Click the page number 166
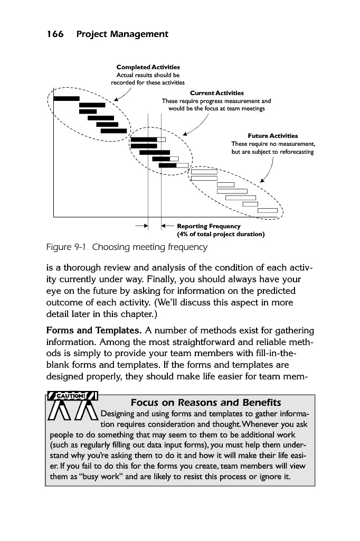[x=55, y=34]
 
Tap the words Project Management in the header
[x=122, y=34]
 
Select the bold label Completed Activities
[x=148, y=67]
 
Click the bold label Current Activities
[x=217, y=94]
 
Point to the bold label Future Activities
[x=272, y=136]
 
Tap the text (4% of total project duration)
[x=221, y=234]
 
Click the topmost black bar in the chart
[x=67, y=98]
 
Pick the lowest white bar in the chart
[x=267, y=210]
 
